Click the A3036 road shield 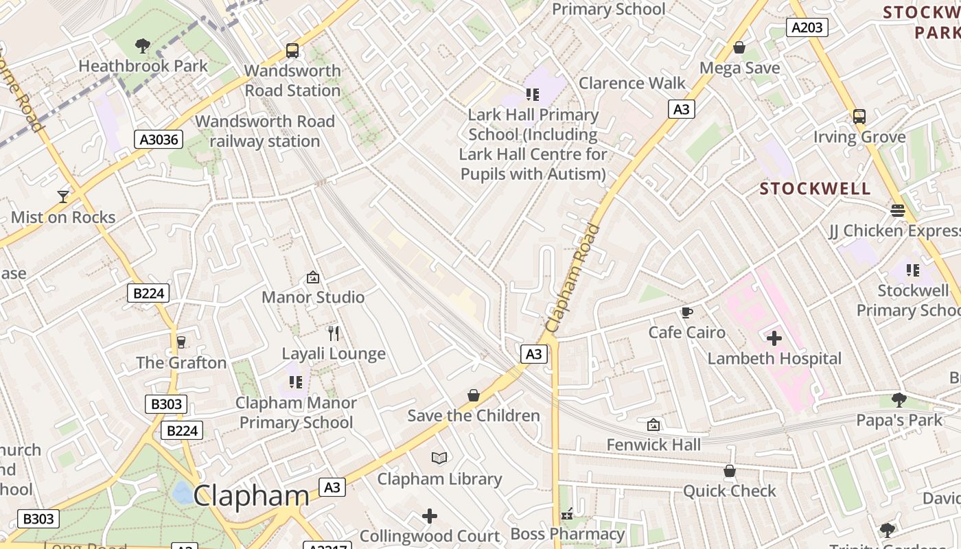(x=159, y=140)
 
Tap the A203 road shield (x=807, y=27)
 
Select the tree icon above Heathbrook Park (x=143, y=46)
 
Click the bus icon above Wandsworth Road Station (x=292, y=50)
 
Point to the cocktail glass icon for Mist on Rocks (x=63, y=197)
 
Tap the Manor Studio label (x=313, y=297)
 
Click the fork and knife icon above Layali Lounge (x=334, y=334)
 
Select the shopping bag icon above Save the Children (x=474, y=395)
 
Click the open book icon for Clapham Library (x=439, y=458)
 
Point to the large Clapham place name (x=251, y=495)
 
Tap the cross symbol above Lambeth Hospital (x=774, y=338)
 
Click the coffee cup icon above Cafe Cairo (x=686, y=313)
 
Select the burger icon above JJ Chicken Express (x=898, y=210)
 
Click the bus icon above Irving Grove (x=859, y=117)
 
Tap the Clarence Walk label (x=632, y=83)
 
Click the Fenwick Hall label (x=653, y=445)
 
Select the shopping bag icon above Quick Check (x=729, y=471)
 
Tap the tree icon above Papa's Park (x=899, y=399)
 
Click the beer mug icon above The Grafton (x=181, y=342)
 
